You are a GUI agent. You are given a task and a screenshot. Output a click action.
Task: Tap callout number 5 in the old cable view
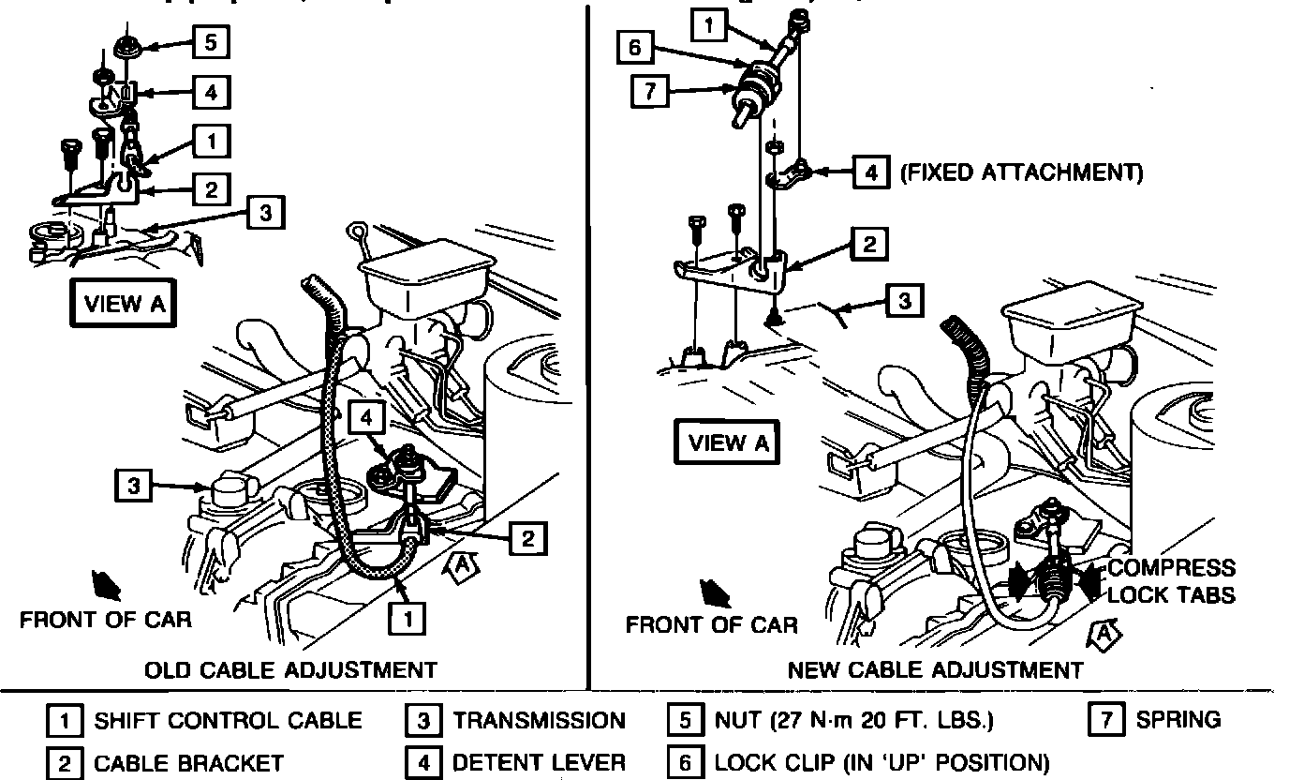pos(212,42)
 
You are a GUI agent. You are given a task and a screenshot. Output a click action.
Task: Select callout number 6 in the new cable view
pos(634,47)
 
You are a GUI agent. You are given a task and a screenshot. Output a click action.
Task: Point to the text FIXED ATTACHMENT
pos(1020,172)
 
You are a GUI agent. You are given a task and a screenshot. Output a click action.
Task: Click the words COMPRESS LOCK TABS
pos(1171,580)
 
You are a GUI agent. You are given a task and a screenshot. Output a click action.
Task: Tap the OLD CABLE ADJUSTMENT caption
pos(290,669)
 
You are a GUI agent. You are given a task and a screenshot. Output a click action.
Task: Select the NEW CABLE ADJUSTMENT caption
pos(935,669)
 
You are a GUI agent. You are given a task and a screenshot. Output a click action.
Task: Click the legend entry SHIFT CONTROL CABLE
pos(227,720)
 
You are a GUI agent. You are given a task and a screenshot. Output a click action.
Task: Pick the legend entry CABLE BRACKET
pos(188,762)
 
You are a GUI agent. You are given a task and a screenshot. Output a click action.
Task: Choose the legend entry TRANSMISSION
pos(539,720)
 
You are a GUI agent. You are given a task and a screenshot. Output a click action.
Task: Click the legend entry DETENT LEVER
pos(539,762)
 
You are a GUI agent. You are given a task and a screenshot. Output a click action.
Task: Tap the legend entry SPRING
pos(1178,720)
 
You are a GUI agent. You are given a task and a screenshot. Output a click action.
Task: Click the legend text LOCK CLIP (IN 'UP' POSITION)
pos(882,762)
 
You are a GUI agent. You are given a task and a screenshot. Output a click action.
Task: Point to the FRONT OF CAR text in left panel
pos(106,619)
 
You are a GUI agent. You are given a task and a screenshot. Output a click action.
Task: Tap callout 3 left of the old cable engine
pos(133,486)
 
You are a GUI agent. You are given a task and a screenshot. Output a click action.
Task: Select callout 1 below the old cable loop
pos(408,619)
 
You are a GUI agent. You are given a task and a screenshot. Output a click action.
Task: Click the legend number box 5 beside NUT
pos(685,720)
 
